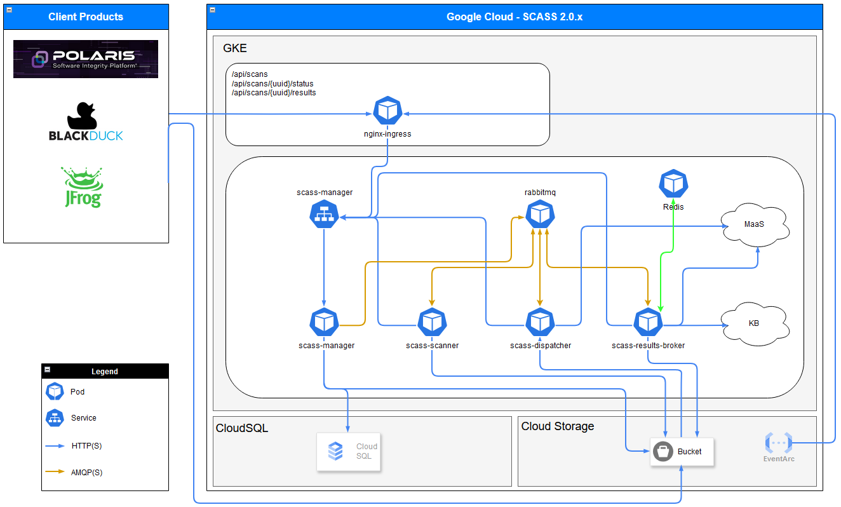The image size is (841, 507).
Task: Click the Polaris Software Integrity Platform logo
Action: tap(86, 59)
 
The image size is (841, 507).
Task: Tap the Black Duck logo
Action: tap(86, 121)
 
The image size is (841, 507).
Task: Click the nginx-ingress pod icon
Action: tap(387, 111)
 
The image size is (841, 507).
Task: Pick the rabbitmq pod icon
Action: tap(540, 214)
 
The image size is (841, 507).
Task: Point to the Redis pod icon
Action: tap(673, 184)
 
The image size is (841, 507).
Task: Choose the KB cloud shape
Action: tap(754, 323)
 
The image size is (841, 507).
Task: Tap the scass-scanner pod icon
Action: tap(433, 323)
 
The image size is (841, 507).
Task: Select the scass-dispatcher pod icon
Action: tap(540, 323)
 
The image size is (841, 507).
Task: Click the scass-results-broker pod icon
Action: tap(649, 323)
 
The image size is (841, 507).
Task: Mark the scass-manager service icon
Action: tap(325, 214)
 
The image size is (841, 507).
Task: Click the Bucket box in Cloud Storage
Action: tap(682, 452)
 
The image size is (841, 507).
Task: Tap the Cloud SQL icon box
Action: tap(349, 452)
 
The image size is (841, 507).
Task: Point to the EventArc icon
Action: tap(779, 443)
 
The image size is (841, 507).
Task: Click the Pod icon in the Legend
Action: tap(55, 392)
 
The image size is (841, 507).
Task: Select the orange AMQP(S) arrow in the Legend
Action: tap(55, 472)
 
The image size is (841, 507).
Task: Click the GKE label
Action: tap(235, 48)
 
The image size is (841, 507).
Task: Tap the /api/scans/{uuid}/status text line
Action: tap(272, 84)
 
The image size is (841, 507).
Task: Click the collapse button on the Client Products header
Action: tap(9, 10)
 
